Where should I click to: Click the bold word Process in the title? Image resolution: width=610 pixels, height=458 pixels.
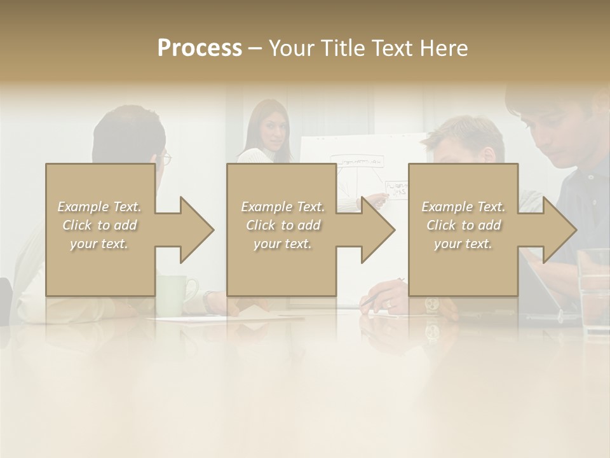pyautogui.click(x=200, y=48)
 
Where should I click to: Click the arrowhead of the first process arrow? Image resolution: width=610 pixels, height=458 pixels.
pyautogui.click(x=194, y=230)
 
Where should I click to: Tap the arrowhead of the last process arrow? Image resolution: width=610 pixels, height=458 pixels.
pyautogui.click(x=558, y=230)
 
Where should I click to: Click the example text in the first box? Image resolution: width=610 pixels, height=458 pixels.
pyautogui.click(x=99, y=225)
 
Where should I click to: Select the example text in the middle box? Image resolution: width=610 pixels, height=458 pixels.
pyautogui.click(x=282, y=225)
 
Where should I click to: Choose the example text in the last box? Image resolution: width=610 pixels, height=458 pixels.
pyautogui.click(x=463, y=225)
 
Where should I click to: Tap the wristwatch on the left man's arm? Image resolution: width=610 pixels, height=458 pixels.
pyautogui.click(x=208, y=299)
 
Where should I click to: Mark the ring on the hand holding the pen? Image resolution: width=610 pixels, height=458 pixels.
pyautogui.click(x=389, y=304)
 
